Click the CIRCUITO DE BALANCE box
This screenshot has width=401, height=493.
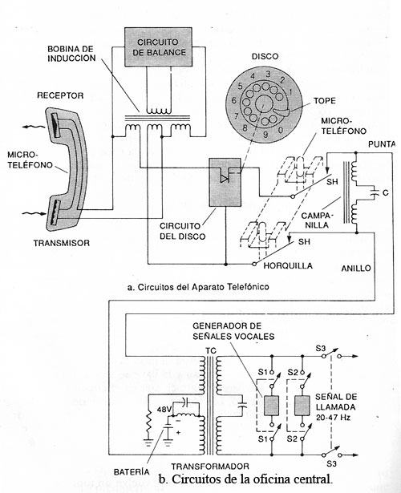coord(158,46)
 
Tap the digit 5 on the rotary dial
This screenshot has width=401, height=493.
coord(241,86)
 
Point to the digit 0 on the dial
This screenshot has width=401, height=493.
coord(281,129)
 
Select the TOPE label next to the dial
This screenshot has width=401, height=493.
coord(325,101)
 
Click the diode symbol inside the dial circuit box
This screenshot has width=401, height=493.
coord(225,179)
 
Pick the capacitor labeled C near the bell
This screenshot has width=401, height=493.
coord(374,192)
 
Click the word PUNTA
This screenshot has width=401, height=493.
coord(382,144)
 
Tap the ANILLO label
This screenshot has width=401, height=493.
coord(356,269)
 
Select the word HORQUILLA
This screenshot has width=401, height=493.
coord(288,265)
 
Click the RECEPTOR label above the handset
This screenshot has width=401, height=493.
coord(60,95)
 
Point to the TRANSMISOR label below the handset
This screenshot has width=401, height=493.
coord(62,243)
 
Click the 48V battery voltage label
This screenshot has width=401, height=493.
coord(164,410)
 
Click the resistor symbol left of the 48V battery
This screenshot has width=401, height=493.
coord(148,422)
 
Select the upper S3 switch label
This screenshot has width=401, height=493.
coord(321,349)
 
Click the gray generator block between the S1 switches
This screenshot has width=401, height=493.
coord(271,406)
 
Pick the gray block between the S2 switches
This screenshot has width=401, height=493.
coord(302,406)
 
